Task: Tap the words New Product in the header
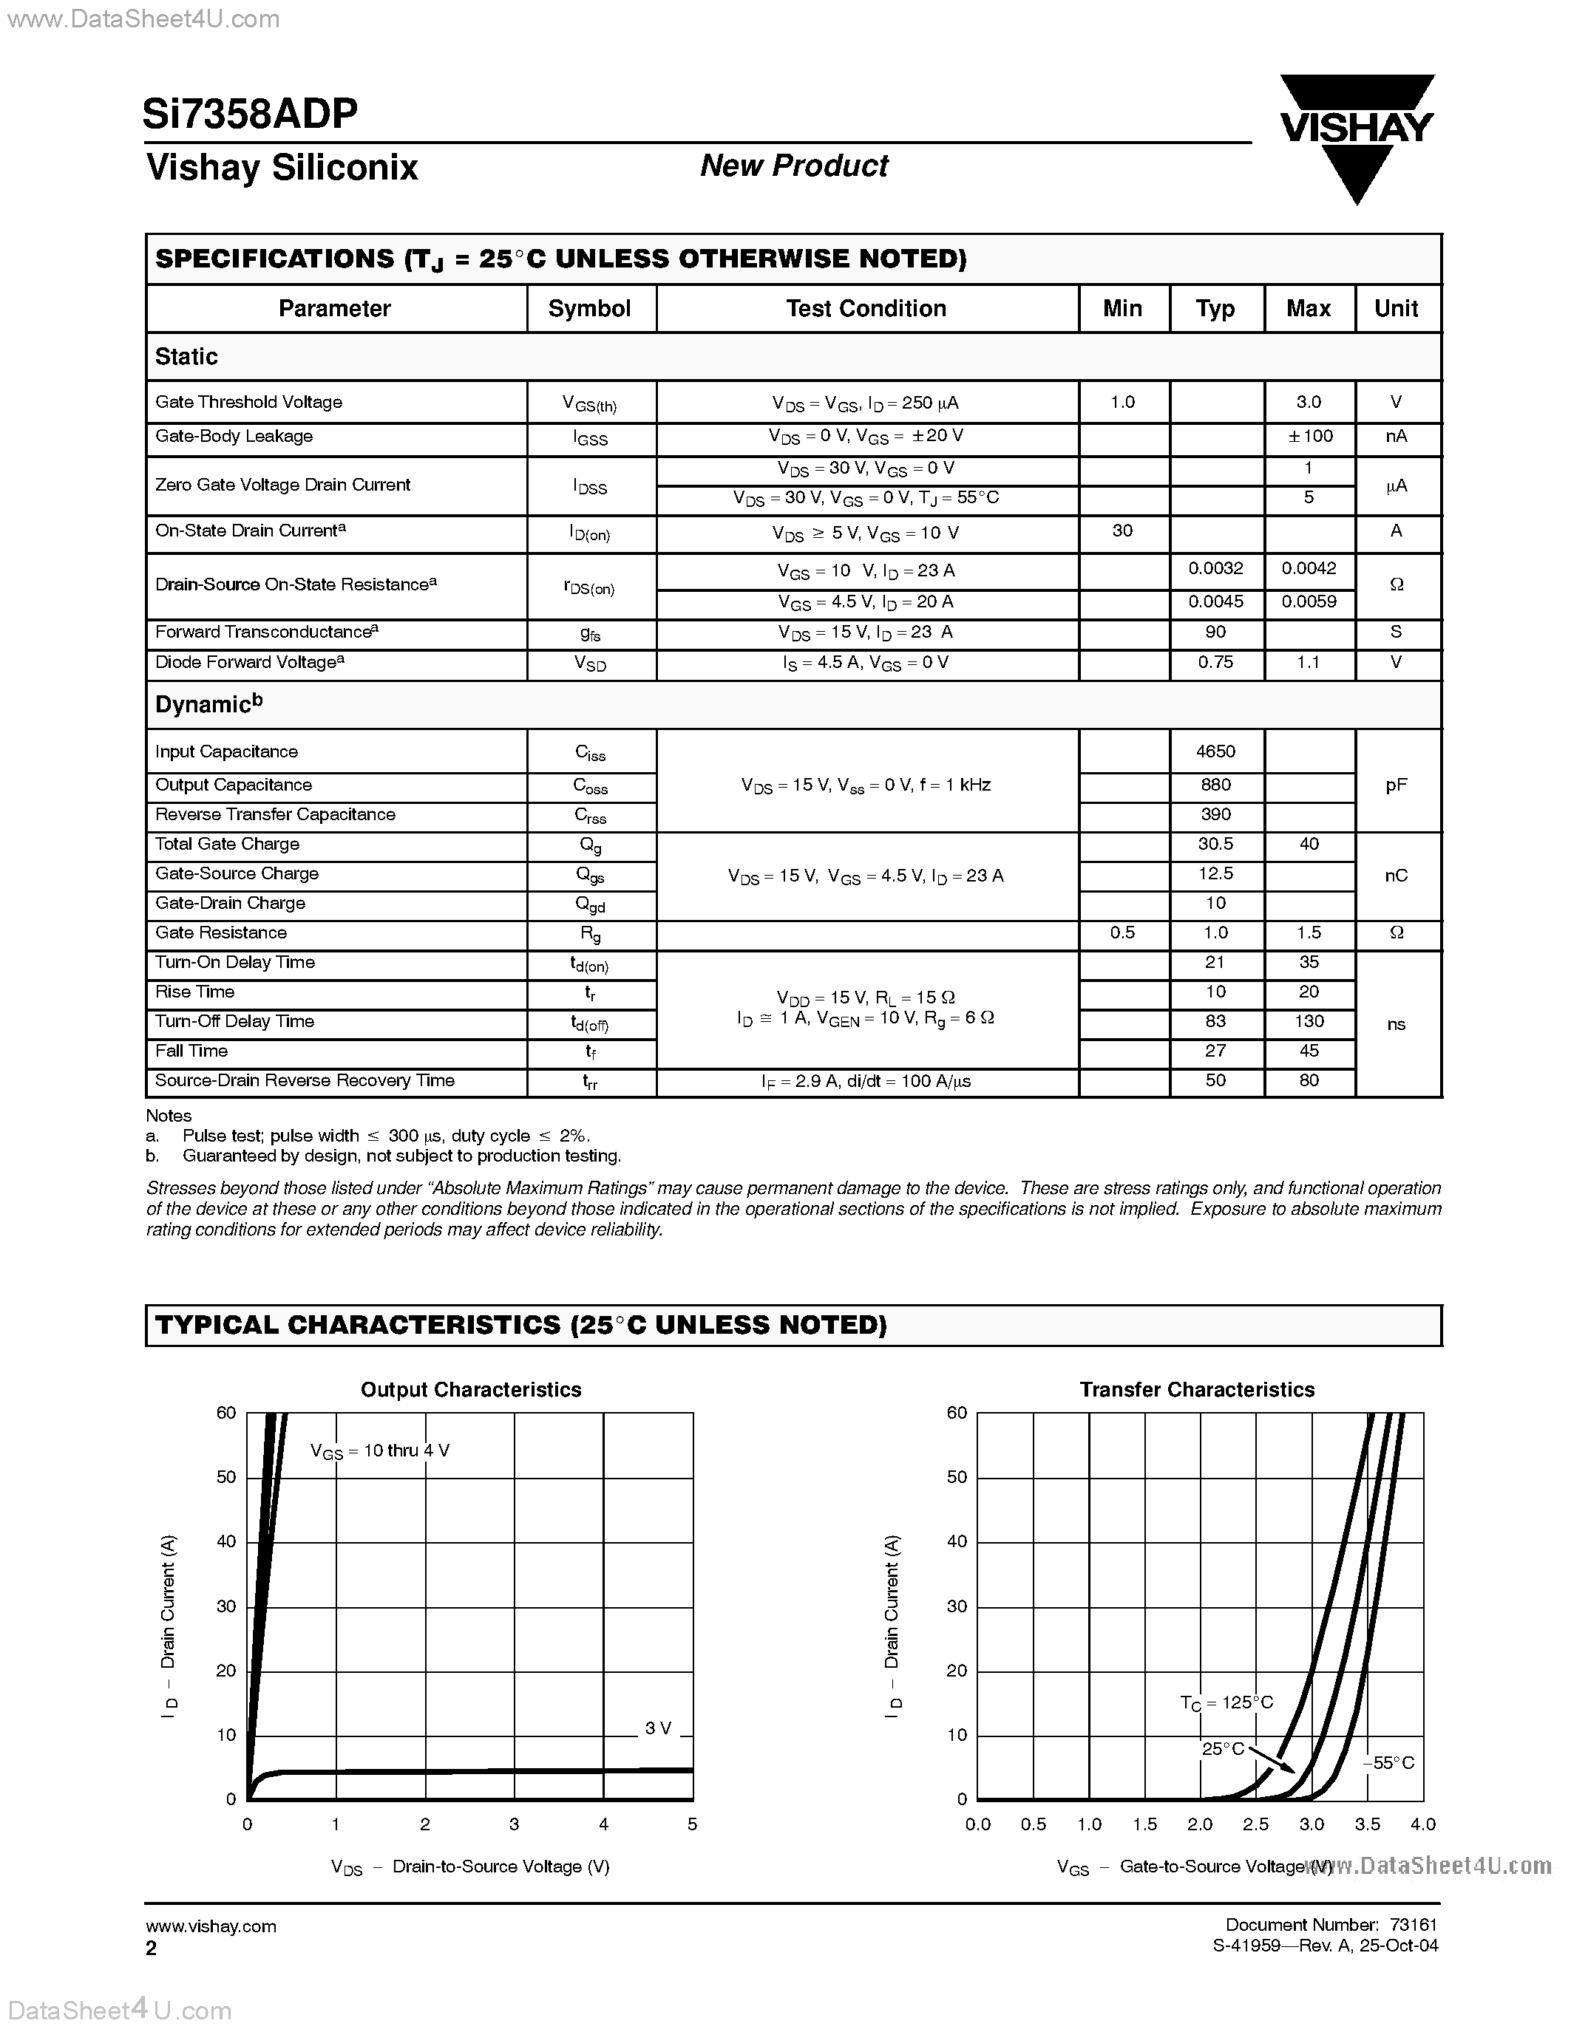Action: point(794,166)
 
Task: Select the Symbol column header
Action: point(589,309)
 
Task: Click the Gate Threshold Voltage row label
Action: point(248,402)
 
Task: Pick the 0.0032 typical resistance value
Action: point(1215,568)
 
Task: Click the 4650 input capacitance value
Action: point(1215,751)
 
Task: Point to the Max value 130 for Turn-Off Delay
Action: point(1309,1022)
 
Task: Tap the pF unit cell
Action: point(1396,785)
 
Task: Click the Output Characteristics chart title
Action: point(471,1390)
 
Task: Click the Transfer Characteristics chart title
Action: point(1197,1390)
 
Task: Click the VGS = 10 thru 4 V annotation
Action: point(380,1450)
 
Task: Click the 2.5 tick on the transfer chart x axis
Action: point(1255,1824)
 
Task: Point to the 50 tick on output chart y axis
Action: point(226,1478)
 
